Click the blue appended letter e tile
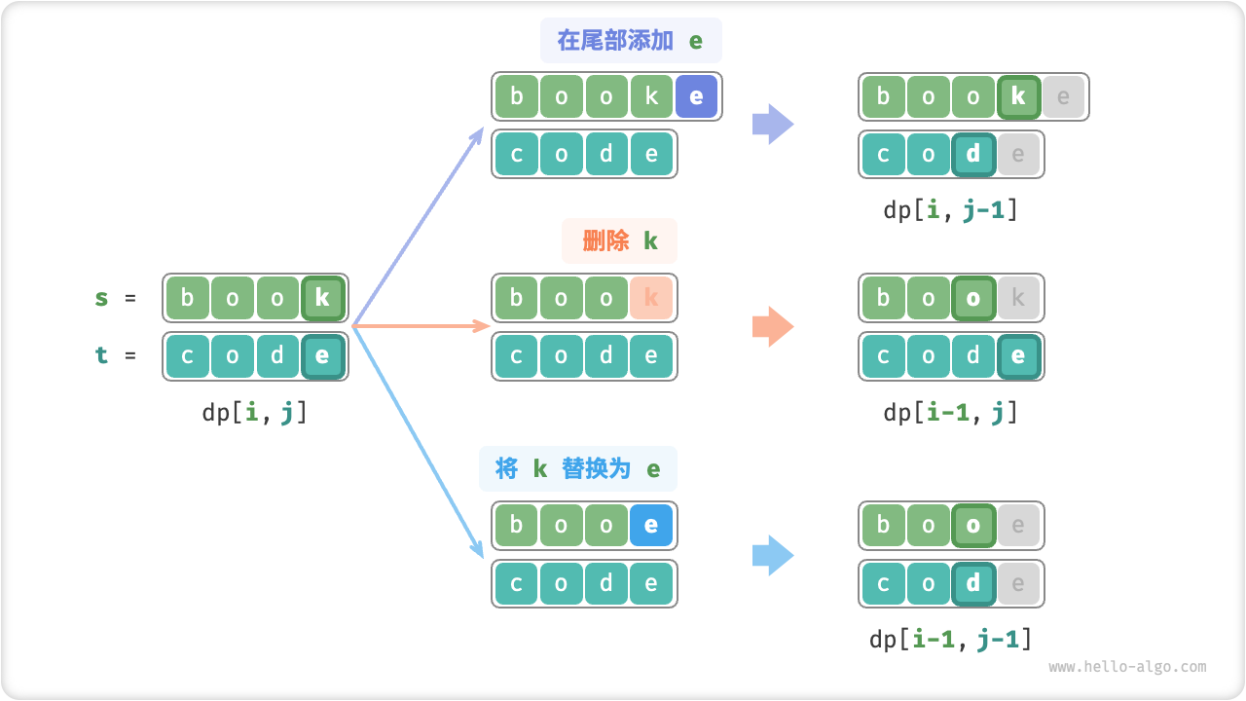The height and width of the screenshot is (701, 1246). [696, 96]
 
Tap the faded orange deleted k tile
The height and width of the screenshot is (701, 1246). [651, 298]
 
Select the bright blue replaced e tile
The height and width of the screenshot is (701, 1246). [651, 526]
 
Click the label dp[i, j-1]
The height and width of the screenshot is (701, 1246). [950, 209]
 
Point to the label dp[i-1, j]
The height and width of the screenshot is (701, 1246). [950, 412]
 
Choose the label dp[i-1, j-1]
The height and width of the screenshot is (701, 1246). [950, 639]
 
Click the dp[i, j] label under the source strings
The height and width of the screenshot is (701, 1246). [255, 412]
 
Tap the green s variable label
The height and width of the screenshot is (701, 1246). [102, 298]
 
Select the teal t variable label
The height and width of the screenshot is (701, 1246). [102, 355]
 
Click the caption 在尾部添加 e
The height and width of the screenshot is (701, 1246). [631, 41]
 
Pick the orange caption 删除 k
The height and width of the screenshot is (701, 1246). [620, 240]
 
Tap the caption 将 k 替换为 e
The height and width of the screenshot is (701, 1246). [578, 468]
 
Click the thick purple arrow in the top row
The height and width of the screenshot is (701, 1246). [773, 124]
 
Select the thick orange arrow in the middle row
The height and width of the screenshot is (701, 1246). [773, 327]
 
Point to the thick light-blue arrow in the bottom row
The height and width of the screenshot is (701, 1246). [773, 555]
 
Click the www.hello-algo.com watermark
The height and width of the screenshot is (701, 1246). [1127, 667]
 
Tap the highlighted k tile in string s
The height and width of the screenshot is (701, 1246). [322, 298]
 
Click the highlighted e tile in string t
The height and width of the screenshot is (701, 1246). [322, 355]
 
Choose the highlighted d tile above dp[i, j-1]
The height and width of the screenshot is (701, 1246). [972, 154]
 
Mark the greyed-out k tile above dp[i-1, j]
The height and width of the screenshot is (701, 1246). [1018, 298]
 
